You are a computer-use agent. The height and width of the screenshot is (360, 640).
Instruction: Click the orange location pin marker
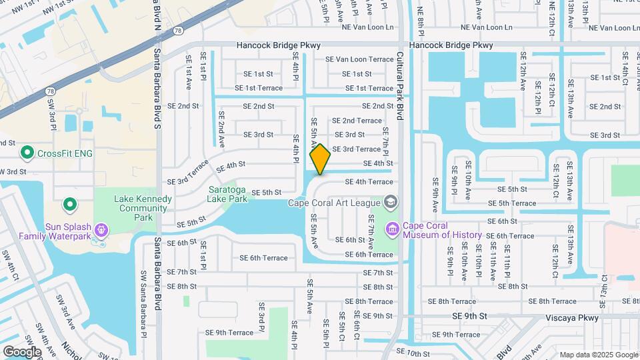click(320, 159)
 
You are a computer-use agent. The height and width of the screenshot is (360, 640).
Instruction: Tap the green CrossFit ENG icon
click(27, 153)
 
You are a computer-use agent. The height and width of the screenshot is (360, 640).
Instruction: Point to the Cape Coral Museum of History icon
click(392, 229)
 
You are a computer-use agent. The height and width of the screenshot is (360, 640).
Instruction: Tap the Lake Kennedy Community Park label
click(143, 208)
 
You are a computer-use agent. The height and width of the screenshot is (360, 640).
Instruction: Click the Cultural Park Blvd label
click(400, 86)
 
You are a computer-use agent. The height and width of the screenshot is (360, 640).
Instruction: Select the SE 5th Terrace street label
click(512, 203)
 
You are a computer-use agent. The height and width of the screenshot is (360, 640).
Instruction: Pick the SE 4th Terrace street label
click(369, 181)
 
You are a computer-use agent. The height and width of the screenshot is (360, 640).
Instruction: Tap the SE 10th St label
click(412, 351)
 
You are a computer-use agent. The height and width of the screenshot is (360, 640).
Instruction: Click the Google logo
click(22, 351)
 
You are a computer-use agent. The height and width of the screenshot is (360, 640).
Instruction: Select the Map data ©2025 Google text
click(598, 355)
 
